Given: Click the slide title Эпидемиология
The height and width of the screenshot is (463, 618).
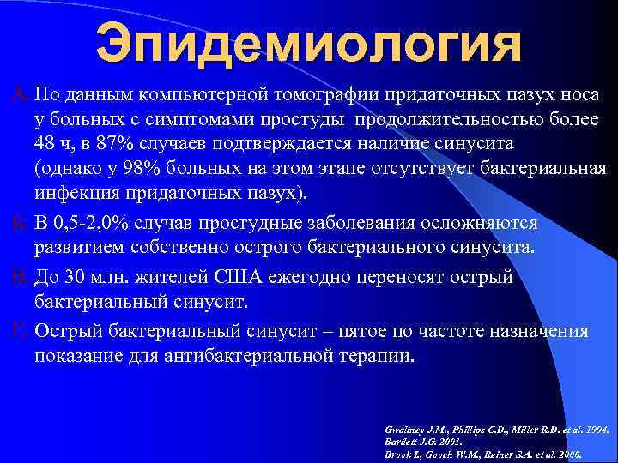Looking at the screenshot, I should pyautogui.click(x=308, y=45).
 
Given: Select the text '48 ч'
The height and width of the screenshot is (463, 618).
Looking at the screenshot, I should pyautogui.click(x=53, y=141).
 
